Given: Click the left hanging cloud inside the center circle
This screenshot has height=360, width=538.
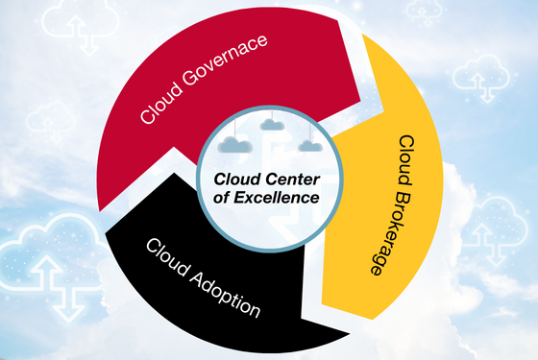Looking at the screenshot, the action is coord(233,144).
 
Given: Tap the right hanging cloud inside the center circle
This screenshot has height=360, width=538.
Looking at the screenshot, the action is coord(307,145).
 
